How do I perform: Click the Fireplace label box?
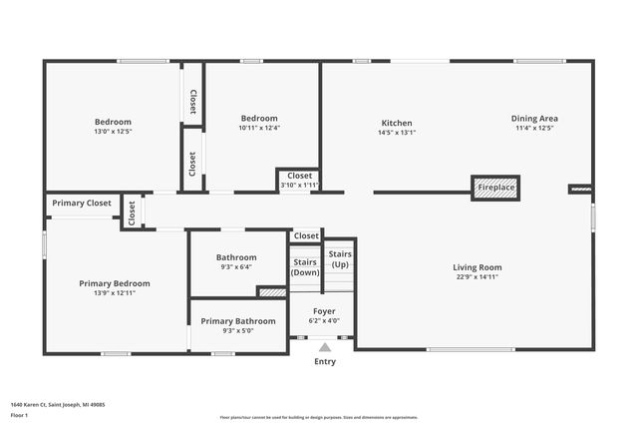[495, 188]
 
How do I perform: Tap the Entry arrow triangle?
[324, 347]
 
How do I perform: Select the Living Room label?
[478, 267]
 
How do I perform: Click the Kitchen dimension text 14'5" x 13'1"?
[396, 132]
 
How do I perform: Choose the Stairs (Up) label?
[340, 259]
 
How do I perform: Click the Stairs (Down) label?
[305, 266]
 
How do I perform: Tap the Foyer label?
[324, 311]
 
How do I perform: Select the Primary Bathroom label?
[237, 321]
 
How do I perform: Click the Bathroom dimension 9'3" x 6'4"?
[237, 267]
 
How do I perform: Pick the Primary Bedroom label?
[115, 283]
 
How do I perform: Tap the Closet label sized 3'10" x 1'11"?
[299, 177]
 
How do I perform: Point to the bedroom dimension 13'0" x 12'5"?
[113, 132]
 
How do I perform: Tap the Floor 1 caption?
[19, 414]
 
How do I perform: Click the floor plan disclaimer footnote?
[319, 418]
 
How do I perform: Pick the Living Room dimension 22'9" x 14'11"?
[478, 277]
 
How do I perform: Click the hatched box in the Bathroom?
[271, 292]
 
